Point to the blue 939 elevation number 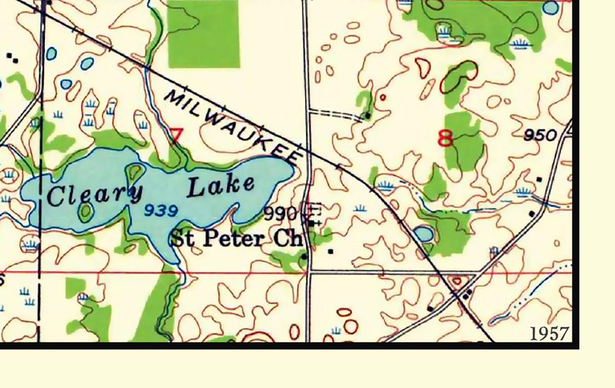tap(161, 210)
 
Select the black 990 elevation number tap(280, 213)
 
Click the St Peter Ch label tap(235, 237)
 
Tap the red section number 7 tap(176, 136)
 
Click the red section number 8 tap(445, 139)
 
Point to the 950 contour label tap(540, 136)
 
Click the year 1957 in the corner tap(550, 334)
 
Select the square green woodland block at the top tap(203, 33)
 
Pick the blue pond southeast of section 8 tap(423, 233)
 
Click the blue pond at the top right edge tap(550, 8)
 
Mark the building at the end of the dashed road tap(367, 116)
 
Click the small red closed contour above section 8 tap(382, 98)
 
